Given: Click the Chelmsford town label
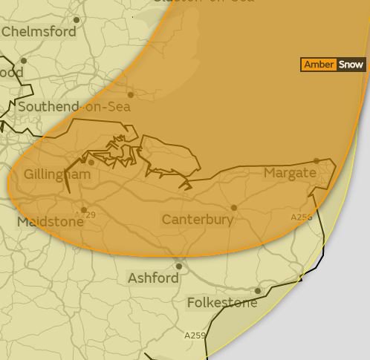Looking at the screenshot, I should (x=39, y=32).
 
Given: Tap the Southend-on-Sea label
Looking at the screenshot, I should (x=74, y=107).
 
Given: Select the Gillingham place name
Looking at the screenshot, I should (x=57, y=175).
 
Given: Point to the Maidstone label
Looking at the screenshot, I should (x=51, y=222).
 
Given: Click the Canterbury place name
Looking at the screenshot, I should (x=198, y=220).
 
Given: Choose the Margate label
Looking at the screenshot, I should (x=290, y=173).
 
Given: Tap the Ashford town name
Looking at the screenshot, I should (x=154, y=278).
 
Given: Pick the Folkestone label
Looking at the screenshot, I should (x=222, y=303).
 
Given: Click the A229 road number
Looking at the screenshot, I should (x=85, y=215).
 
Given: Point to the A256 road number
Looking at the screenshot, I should (x=301, y=217).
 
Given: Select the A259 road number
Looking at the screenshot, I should (x=195, y=336).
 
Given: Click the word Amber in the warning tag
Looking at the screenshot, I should (x=319, y=65).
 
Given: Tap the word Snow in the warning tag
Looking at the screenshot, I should (x=351, y=65).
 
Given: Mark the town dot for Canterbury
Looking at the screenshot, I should (x=234, y=208).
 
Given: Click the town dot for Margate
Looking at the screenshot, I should (x=317, y=160).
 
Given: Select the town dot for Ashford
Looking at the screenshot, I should (x=179, y=266).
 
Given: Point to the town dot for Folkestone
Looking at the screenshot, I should (x=258, y=291).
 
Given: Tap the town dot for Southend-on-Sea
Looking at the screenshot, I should (x=131, y=94).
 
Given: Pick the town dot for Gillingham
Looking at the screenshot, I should (x=91, y=163).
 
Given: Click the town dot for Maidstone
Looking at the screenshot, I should (x=84, y=210).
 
